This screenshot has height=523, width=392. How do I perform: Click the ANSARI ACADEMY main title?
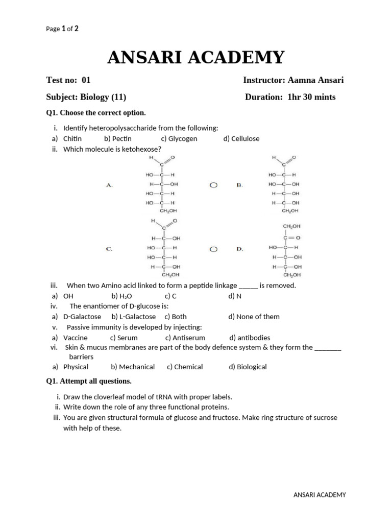coord(195,58)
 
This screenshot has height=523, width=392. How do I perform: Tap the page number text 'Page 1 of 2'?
coord(62,29)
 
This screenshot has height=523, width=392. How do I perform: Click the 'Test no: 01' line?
coord(68,80)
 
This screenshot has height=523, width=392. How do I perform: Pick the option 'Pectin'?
coord(122,138)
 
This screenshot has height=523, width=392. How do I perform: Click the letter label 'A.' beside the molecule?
coord(109,185)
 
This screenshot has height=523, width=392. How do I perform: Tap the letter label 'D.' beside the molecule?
coord(239,249)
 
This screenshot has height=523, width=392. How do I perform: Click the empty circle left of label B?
coord(214,185)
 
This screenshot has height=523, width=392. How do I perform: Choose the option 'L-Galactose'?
coord(137,317)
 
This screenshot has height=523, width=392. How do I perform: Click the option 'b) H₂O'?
coord(121,296)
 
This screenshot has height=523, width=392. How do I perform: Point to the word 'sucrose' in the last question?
coord(326,418)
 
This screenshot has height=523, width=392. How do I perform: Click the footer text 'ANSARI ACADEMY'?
coord(320,494)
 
